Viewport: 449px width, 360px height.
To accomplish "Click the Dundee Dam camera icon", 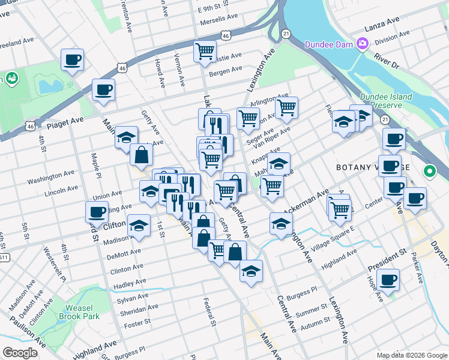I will click(x=362, y=43).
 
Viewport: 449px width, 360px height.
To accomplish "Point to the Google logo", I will click(x=20, y=353).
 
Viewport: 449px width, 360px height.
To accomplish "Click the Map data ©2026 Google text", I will click(x=412, y=355).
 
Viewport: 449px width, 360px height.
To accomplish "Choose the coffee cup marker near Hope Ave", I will click(x=388, y=280).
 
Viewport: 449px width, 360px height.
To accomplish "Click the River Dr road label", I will click(x=386, y=60).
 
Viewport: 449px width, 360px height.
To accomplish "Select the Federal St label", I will click(x=210, y=313).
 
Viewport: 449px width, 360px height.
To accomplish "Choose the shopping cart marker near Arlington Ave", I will click(x=286, y=108).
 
